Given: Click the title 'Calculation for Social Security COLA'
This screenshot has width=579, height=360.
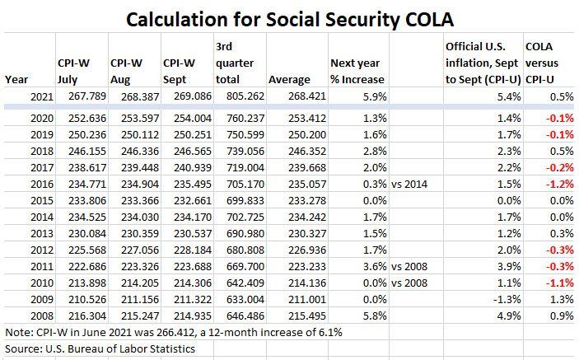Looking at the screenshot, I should (288, 18).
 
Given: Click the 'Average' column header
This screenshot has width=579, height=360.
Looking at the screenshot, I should (288, 79).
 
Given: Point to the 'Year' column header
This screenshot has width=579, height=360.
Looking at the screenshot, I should (16, 79).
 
